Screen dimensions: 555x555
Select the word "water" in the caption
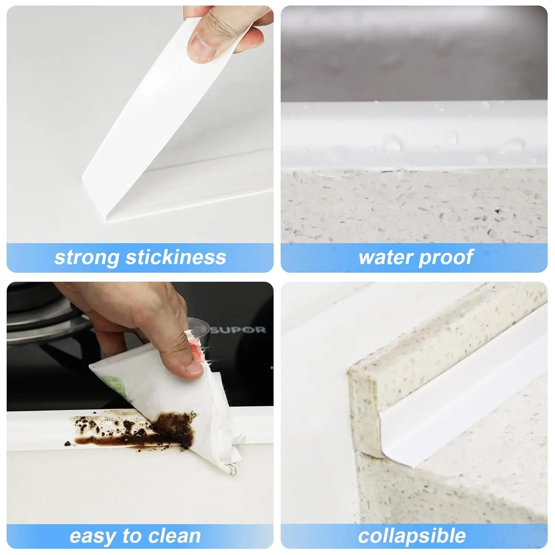click(x=385, y=258)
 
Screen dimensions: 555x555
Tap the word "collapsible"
click(x=412, y=536)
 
